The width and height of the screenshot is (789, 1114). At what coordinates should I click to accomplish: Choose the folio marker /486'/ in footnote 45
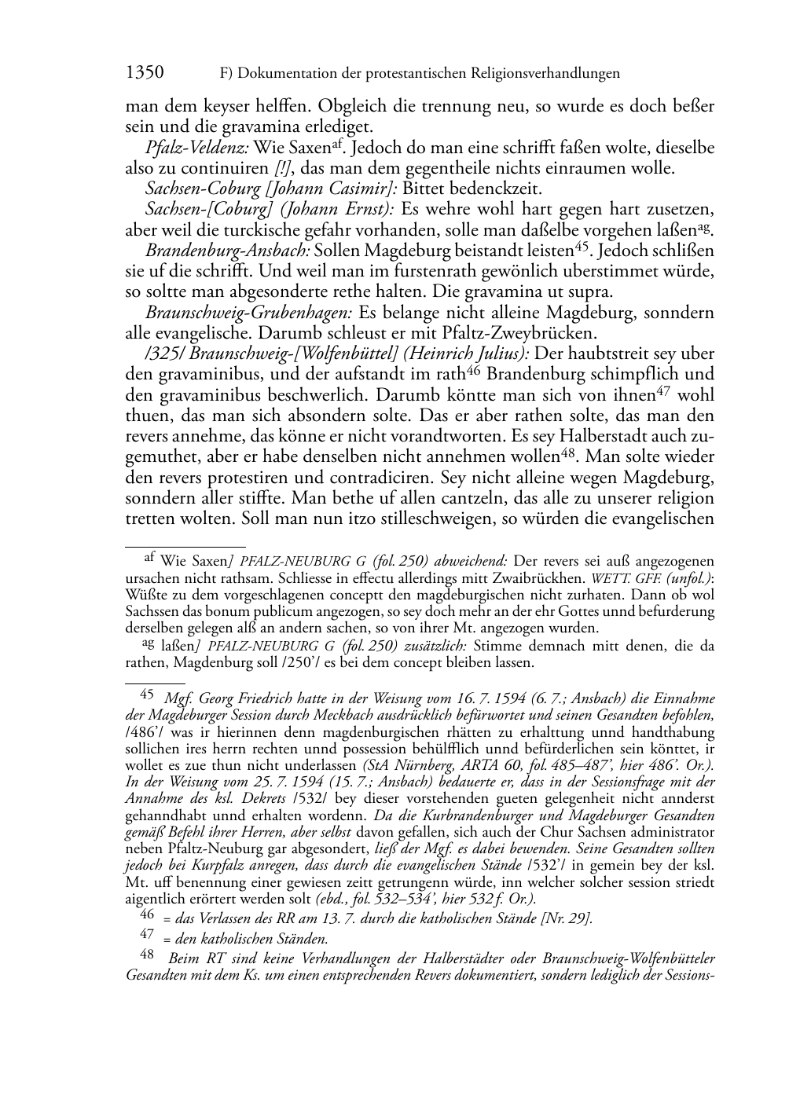[x=143, y=731]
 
